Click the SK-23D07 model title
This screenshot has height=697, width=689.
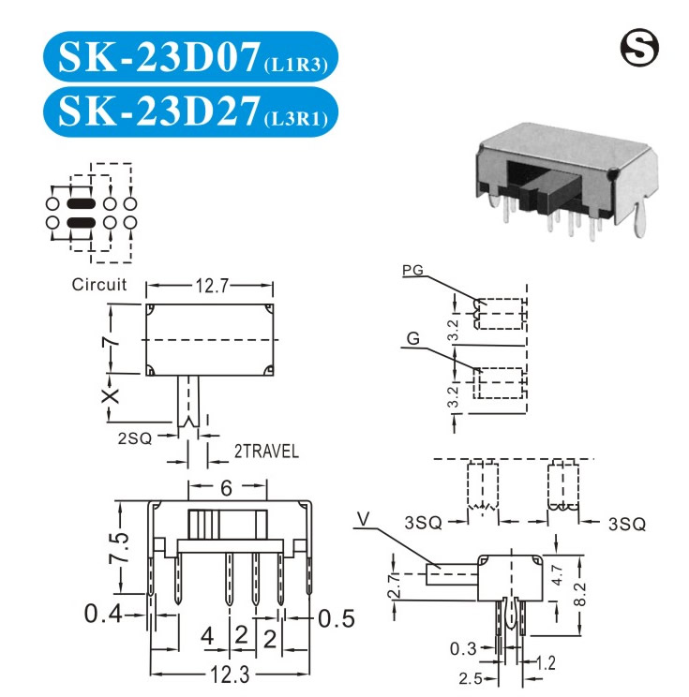[158, 56]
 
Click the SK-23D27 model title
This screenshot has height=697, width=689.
[158, 111]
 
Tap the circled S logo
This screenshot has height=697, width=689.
[639, 48]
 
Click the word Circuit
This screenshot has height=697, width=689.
[99, 285]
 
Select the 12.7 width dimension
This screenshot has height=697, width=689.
[212, 286]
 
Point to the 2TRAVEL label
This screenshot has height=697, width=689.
[266, 452]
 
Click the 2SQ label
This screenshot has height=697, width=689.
[135, 438]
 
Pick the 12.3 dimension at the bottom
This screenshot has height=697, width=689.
[230, 675]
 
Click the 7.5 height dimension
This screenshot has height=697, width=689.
[119, 548]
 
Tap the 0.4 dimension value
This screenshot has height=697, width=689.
[103, 614]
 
